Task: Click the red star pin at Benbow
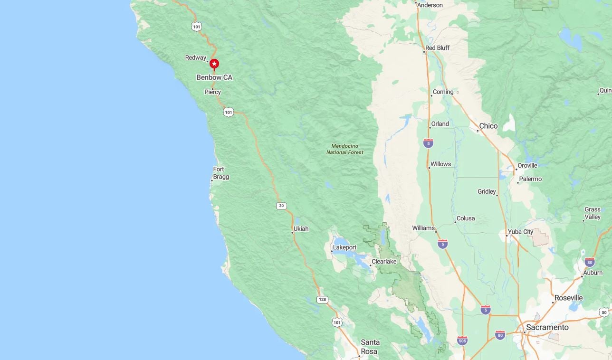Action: tap(214, 64)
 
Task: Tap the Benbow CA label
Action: tap(214, 77)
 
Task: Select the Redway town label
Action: tap(195, 58)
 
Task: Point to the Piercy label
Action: tap(212, 92)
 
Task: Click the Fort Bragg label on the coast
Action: tap(220, 173)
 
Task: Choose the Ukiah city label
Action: tap(301, 229)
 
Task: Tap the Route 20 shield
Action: tap(281, 206)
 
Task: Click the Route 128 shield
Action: tap(323, 300)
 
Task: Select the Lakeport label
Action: tap(344, 247)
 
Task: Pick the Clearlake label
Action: tap(384, 262)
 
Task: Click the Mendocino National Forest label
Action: tap(345, 149)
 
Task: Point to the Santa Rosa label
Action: tap(370, 347)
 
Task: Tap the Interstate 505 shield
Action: tap(462, 341)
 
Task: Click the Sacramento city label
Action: tap(547, 328)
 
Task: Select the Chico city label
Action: tap(488, 126)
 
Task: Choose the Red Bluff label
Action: tap(437, 48)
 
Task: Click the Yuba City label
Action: tap(520, 232)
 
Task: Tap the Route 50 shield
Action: tap(603, 312)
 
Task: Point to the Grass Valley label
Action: tap(593, 213)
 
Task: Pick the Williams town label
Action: tap(423, 228)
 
